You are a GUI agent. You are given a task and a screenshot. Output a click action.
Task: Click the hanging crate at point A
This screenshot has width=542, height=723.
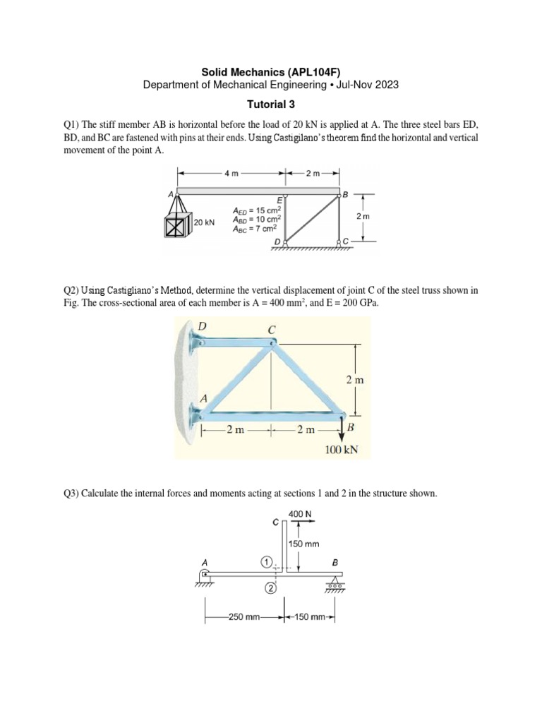[x=175, y=227]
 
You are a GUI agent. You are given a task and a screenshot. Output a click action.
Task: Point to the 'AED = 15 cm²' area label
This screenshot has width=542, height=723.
[x=258, y=210]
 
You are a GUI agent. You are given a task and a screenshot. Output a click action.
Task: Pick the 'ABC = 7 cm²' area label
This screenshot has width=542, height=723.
[x=258, y=228]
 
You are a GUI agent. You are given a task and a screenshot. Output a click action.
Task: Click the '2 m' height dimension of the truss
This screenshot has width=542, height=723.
[x=356, y=380]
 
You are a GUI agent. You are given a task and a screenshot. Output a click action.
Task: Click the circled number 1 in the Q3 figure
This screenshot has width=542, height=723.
[x=265, y=561]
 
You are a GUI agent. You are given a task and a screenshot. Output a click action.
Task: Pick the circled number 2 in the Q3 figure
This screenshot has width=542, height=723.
[x=270, y=587]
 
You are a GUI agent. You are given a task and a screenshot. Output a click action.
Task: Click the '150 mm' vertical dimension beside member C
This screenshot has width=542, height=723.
[x=305, y=544]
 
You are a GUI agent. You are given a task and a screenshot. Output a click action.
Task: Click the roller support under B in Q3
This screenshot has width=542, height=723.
[x=334, y=583]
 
